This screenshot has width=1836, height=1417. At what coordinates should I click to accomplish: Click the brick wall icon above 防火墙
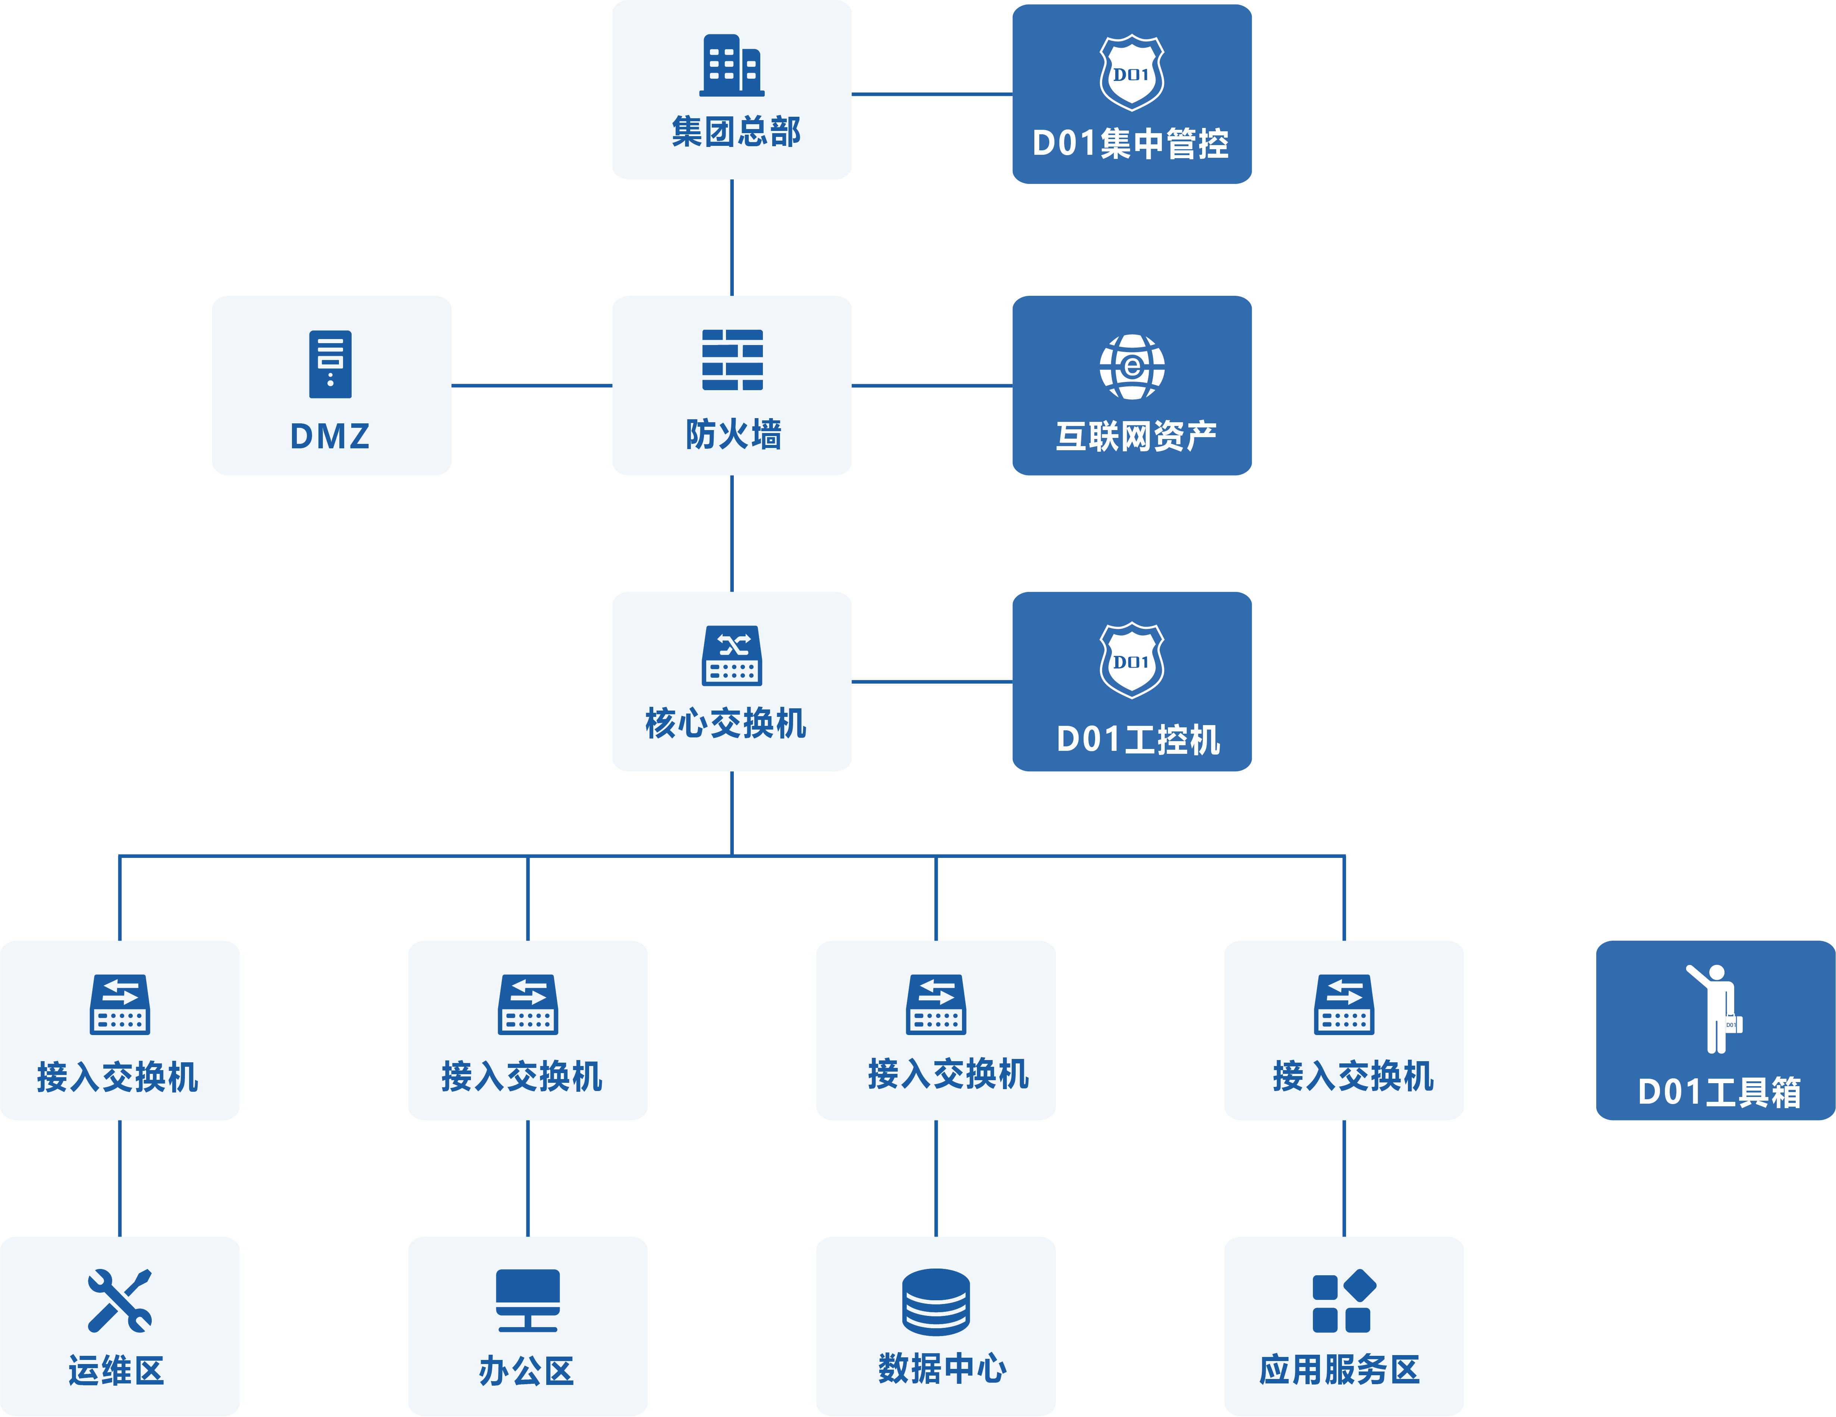(x=732, y=360)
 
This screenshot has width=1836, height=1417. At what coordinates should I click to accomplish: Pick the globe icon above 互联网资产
(x=1132, y=367)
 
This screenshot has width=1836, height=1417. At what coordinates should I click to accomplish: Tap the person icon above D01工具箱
(x=1715, y=1007)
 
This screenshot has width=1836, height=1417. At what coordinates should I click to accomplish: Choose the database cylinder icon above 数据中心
(x=936, y=1301)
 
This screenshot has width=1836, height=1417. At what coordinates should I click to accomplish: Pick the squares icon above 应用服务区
(x=1343, y=1301)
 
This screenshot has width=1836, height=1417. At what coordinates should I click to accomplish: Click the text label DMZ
(x=330, y=436)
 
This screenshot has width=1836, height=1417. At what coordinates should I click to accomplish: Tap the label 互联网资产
(x=1136, y=436)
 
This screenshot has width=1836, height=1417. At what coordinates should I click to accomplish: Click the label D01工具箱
(x=1719, y=1091)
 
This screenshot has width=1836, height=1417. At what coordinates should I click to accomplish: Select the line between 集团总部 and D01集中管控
(x=931, y=94)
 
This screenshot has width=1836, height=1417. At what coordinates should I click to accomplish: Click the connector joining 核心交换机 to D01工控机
(x=931, y=681)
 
